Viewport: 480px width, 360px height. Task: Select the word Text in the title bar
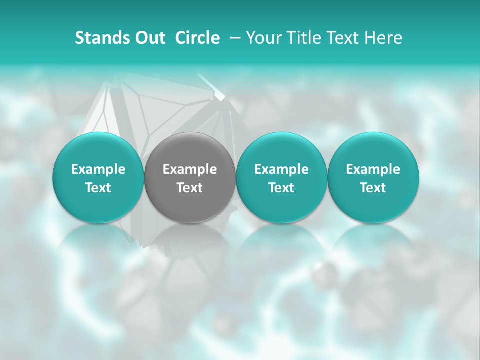click(x=344, y=38)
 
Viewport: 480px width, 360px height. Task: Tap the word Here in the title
click(x=384, y=38)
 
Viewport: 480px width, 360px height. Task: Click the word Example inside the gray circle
click(x=190, y=169)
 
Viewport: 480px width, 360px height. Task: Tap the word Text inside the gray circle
click(x=190, y=188)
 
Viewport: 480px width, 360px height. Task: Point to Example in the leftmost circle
click(x=98, y=169)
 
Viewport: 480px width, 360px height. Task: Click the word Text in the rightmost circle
click(x=373, y=188)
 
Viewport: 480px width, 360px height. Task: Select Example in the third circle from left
click(x=281, y=169)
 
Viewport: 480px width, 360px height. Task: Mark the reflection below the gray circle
click(x=190, y=245)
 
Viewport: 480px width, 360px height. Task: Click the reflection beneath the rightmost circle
click(x=373, y=245)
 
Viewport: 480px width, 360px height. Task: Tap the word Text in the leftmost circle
click(x=98, y=188)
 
